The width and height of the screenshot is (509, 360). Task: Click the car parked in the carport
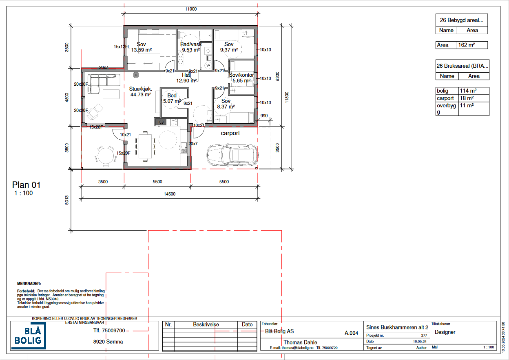pos(232,155)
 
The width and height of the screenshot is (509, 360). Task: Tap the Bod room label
pos(172,98)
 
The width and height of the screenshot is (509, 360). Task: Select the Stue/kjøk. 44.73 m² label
pos(141,91)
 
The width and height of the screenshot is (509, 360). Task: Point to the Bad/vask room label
pos(191,47)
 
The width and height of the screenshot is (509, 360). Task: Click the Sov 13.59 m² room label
pos(141,47)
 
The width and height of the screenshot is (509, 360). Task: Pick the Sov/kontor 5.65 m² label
pos(241,78)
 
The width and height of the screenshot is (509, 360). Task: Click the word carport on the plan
pos(230,133)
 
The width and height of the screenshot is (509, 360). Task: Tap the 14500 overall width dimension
pos(169,194)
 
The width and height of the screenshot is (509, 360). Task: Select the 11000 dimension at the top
pos(190,9)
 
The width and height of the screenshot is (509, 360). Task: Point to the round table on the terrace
pos(103,156)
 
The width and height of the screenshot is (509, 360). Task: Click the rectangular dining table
pos(145,147)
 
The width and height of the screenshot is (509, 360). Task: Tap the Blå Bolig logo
pos(28,335)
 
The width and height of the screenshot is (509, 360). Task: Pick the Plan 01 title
pos(27,185)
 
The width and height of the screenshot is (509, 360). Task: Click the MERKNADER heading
pos(29,283)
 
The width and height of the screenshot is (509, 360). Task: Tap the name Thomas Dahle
pos(300,342)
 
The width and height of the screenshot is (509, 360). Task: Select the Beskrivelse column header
pos(206,324)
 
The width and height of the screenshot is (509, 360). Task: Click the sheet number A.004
pos(351,333)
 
